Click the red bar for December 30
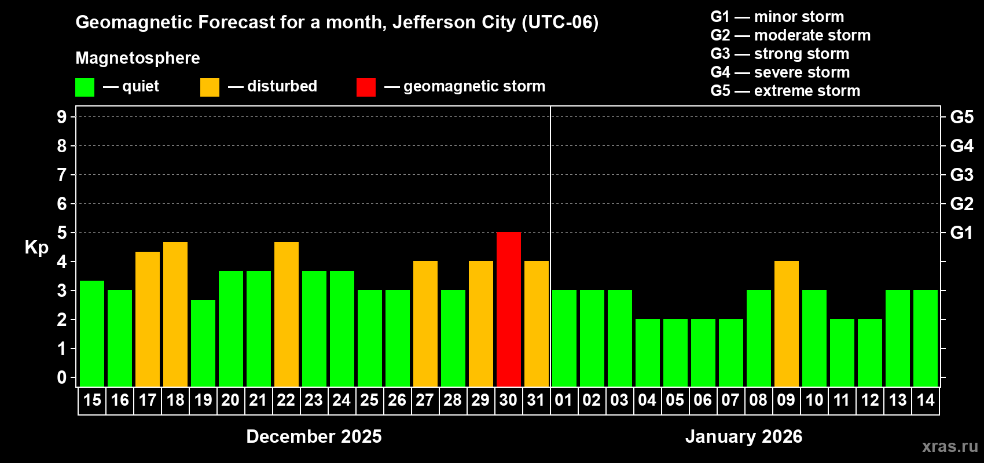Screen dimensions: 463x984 click(x=509, y=310)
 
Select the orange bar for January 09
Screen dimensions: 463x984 click(x=787, y=324)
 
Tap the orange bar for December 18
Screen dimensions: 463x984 click(x=175, y=314)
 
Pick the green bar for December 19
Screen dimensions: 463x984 click(x=203, y=343)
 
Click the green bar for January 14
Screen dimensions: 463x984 click(x=926, y=339)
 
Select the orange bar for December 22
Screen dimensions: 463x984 click(x=287, y=314)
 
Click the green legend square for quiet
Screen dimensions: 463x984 click(x=85, y=87)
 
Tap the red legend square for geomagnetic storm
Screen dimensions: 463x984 click(x=366, y=87)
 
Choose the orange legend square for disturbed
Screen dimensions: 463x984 click(x=210, y=87)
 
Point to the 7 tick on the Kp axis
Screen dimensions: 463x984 click(x=62, y=175)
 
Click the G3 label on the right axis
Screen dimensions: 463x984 click(x=961, y=175)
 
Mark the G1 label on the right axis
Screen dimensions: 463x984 click(x=961, y=233)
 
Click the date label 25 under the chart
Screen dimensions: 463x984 click(x=369, y=400)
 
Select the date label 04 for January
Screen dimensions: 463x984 click(x=647, y=400)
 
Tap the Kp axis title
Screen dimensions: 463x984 click(x=36, y=247)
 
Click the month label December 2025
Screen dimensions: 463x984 click(x=314, y=436)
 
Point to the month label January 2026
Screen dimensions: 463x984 click(x=744, y=436)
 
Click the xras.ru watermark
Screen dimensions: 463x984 click(x=950, y=446)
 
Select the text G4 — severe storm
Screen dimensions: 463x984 click(x=780, y=72)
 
